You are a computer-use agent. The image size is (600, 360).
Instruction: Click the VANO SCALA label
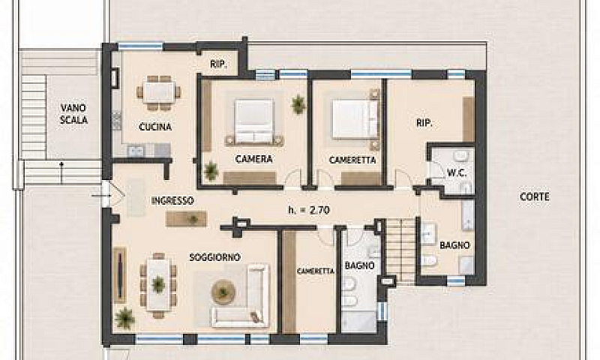pyautogui.click(x=73, y=113)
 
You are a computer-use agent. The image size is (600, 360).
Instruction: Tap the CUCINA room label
pyautogui.click(x=155, y=127)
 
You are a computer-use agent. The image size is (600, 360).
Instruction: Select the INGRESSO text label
pyautogui.click(x=172, y=200)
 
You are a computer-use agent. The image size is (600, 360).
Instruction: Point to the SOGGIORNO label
pyautogui.click(x=215, y=257)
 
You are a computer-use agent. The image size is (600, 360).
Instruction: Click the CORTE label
pyautogui.click(x=535, y=196)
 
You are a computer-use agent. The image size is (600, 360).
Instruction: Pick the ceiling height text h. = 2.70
pyautogui.click(x=309, y=210)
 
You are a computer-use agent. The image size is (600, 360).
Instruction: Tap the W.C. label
pyautogui.click(x=457, y=173)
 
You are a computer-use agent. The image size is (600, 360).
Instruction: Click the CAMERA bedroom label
pyautogui.click(x=254, y=159)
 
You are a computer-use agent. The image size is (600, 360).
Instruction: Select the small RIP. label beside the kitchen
pyautogui.click(x=218, y=64)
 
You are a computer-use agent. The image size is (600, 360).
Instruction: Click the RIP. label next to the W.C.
pyautogui.click(x=424, y=123)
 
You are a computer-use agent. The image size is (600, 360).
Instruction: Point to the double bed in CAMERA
pyautogui.click(x=254, y=121)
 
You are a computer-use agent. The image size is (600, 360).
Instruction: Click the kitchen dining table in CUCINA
pyautogui.click(x=159, y=92)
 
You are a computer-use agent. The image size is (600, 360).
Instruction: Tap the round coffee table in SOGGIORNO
pyautogui.click(x=223, y=292)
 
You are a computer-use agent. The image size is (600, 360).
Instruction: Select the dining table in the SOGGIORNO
pyautogui.click(x=158, y=283)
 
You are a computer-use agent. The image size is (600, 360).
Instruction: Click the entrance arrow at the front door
pyautogui.click(x=100, y=196)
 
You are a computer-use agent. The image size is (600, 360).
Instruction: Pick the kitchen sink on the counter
pyautogui.click(x=136, y=151)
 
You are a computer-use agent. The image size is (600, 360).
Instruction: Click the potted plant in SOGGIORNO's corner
pyautogui.click(x=124, y=318)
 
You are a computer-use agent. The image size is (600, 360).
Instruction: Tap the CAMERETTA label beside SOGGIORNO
pyautogui.click(x=316, y=271)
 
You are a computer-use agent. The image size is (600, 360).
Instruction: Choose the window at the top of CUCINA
pyautogui.click(x=140, y=46)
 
